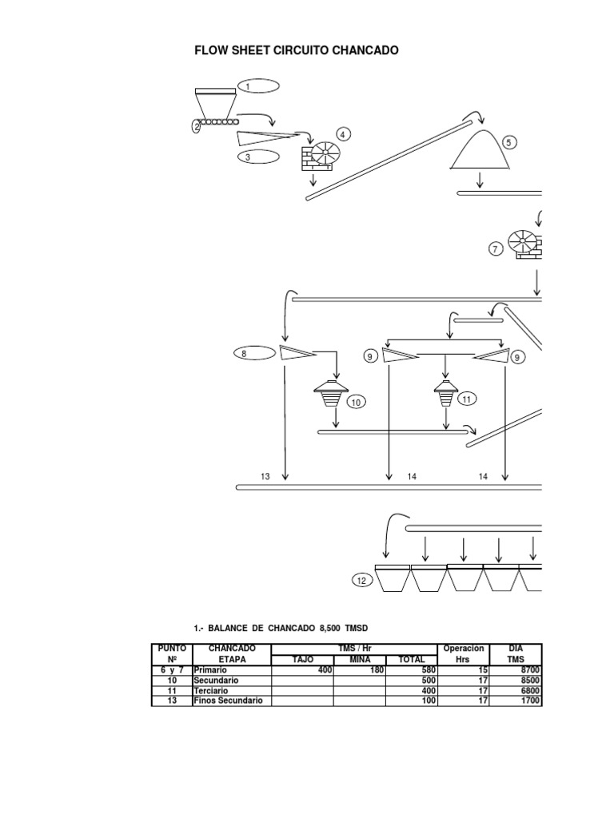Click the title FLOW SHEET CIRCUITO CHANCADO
click(x=297, y=50)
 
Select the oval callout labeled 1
click(x=257, y=86)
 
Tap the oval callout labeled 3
click(x=257, y=157)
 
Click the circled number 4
click(x=344, y=134)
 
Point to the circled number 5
click(x=508, y=143)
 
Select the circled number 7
click(x=496, y=249)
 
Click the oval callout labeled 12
click(x=361, y=581)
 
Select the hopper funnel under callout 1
click(x=214, y=105)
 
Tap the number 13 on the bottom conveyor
click(x=265, y=476)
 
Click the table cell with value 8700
click(x=528, y=669)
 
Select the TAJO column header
click(x=302, y=659)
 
